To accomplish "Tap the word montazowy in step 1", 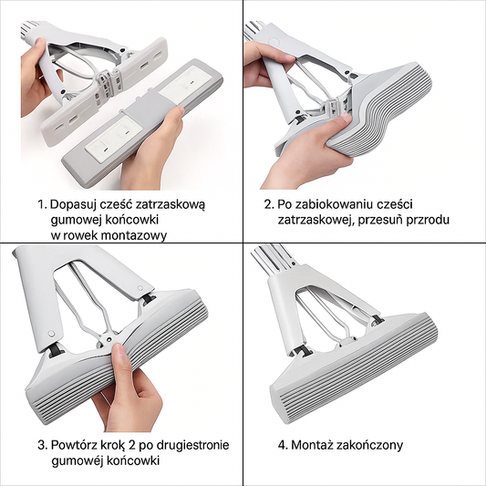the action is [134, 236].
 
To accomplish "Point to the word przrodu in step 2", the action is [428, 221].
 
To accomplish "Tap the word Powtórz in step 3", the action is [72, 445].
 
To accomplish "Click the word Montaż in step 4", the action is [312, 445].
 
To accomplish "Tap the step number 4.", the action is [283, 445].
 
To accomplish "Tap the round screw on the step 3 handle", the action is [51, 334].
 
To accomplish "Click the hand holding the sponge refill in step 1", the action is [152, 147].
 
